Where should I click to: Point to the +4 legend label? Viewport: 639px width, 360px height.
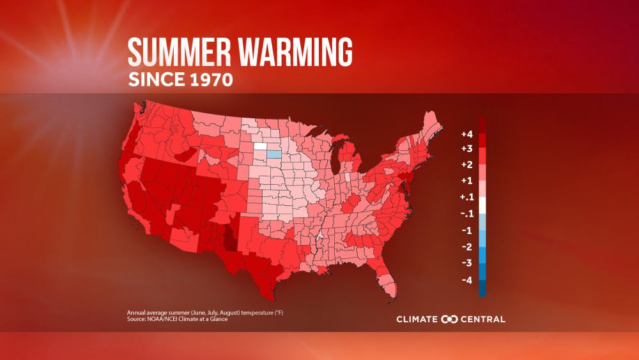click(466, 134)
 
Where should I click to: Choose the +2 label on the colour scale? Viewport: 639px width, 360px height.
click(466, 165)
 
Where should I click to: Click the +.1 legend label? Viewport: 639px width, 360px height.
click(466, 197)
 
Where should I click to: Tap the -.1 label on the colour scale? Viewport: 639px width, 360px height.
click(466, 214)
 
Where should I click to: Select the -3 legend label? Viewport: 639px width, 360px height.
click(466, 263)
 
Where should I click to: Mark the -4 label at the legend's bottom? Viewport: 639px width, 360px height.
click(466, 279)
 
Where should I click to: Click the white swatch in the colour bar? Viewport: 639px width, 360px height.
click(482, 205)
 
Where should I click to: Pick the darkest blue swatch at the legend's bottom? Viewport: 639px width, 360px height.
click(482, 290)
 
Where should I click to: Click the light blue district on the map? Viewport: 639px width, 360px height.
click(273, 154)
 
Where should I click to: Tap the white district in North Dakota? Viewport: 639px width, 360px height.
click(261, 146)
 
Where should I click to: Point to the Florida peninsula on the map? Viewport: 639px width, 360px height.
click(388, 282)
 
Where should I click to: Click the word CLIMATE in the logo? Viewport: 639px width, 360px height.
click(417, 319)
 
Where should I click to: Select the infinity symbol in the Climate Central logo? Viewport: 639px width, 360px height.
click(450, 319)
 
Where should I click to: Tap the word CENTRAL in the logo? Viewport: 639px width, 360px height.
click(483, 319)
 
